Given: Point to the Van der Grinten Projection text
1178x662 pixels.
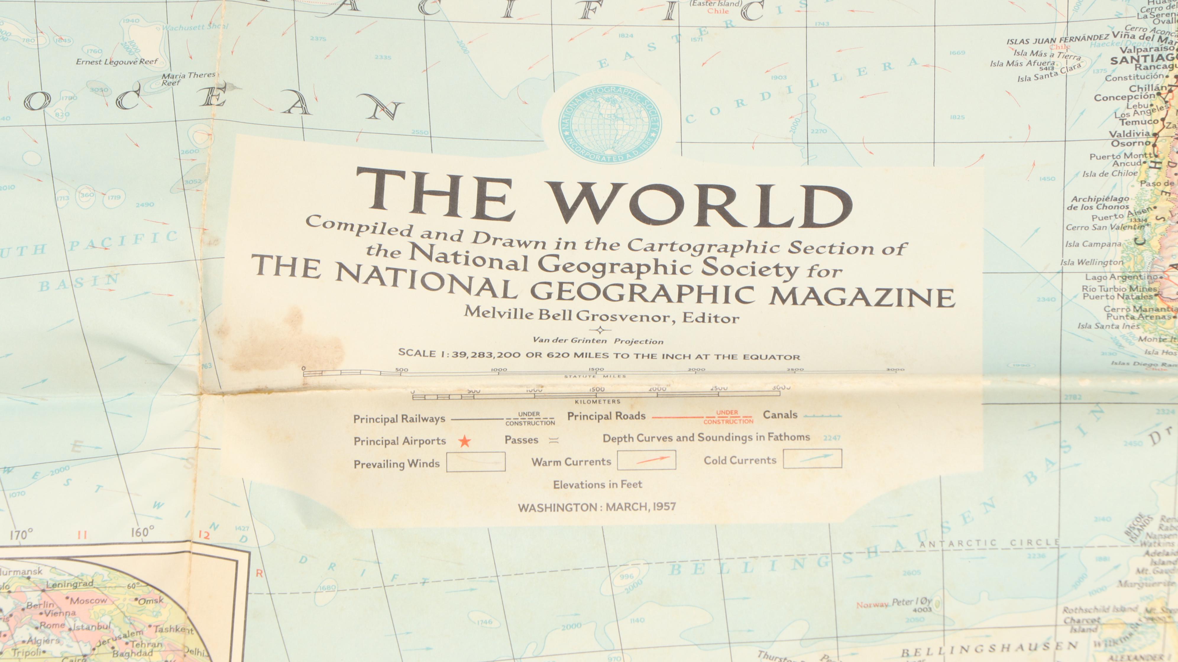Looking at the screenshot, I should click(x=598, y=340).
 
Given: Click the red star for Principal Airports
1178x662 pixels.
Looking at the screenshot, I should click(x=465, y=441).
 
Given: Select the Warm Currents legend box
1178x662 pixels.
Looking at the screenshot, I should click(x=646, y=460).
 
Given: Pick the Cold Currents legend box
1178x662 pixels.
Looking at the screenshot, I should click(x=812, y=459).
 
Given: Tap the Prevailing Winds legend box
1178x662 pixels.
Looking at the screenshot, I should click(x=475, y=462).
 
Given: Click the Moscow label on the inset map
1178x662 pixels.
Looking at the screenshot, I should click(x=88, y=600).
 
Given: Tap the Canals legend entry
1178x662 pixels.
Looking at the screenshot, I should click(x=780, y=415).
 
